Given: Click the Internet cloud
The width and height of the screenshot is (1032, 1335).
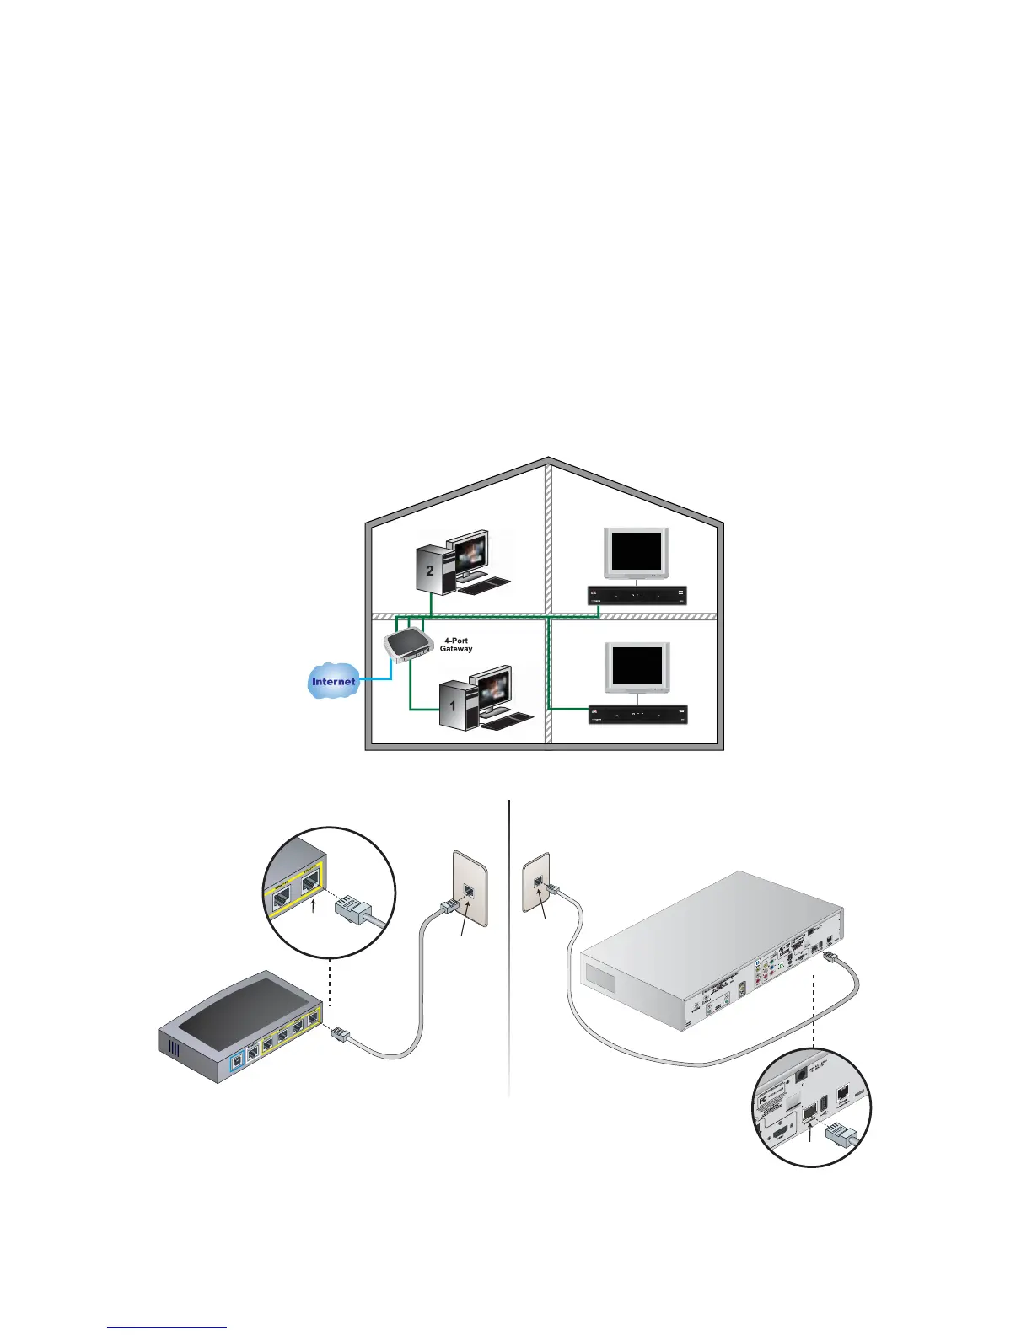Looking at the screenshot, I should coord(334,681).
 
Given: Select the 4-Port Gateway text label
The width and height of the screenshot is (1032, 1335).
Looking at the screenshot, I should coord(456,645).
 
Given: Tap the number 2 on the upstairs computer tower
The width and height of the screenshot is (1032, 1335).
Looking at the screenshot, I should coord(430,571).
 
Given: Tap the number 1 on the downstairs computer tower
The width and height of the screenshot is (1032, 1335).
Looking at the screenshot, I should coord(453,705).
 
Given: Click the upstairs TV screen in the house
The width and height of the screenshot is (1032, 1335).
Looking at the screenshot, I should coord(637,552).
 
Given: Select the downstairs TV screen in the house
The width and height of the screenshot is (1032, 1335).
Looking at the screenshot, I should coord(637,666).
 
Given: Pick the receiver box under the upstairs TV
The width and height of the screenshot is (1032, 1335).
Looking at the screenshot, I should coord(637,596).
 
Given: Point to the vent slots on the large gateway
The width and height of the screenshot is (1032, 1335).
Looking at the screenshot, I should coord(175,1051).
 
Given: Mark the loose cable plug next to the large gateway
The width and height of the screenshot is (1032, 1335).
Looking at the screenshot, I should coord(341,1033).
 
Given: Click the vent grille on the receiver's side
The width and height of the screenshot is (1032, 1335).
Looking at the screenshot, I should coord(600,979).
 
